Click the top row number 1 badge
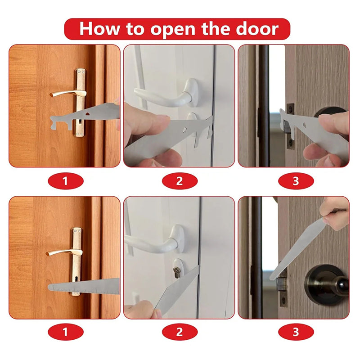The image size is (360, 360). [66, 181]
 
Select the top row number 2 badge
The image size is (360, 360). [180, 181]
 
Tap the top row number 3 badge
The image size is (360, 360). [295, 181]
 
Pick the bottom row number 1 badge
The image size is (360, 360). [66, 333]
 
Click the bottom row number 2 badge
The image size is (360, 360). [180, 333]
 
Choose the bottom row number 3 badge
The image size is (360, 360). [295, 333]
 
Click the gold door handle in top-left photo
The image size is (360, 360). [67, 93]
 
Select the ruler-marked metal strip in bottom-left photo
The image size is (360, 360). [83, 286]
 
